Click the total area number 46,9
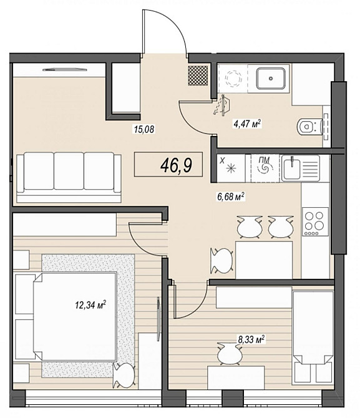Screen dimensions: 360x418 pos(176,165)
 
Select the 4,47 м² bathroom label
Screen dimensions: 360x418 pos(247,124)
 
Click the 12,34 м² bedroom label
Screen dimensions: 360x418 pos(90,304)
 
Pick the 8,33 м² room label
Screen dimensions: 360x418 pos(251,339)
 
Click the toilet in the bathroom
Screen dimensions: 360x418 pos(310,127)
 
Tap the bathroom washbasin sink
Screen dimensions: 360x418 pos(271,79)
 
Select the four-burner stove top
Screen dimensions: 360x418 pos(315,221)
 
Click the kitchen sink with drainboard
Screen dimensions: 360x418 pos(301,168)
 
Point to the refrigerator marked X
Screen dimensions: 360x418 pos(231,168)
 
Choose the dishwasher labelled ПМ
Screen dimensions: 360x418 pos(266,168)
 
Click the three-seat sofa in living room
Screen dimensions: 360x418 pos(69,177)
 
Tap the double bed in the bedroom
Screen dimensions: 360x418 pos(75,316)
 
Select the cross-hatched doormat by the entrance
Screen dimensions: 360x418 pos(198,75)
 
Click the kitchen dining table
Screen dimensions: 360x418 pos(264,260)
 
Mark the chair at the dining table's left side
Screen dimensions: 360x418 pos(222,261)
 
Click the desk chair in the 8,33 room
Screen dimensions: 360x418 pos(230,354)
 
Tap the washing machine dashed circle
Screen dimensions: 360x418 pos(233,79)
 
